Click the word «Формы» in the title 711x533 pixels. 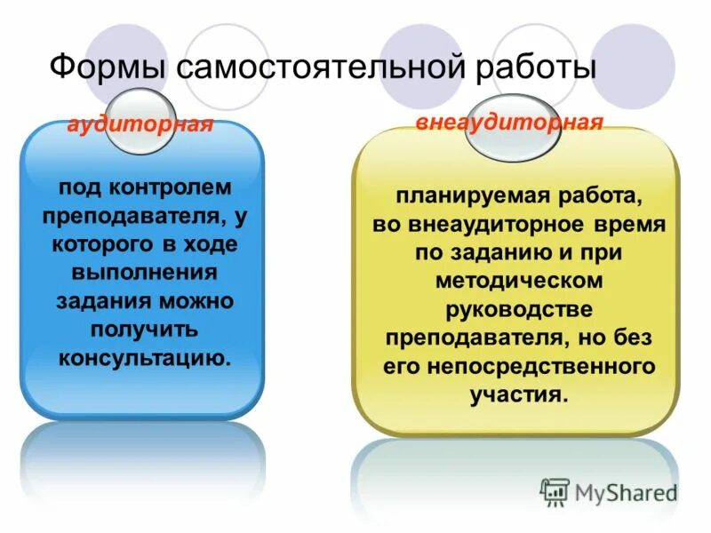click(x=106, y=69)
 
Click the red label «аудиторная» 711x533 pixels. click(x=140, y=125)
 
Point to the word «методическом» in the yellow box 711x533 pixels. click(x=519, y=281)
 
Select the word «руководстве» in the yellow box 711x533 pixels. click(x=519, y=309)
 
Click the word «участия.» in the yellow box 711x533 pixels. click(x=518, y=394)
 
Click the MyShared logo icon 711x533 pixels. click(x=555, y=491)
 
